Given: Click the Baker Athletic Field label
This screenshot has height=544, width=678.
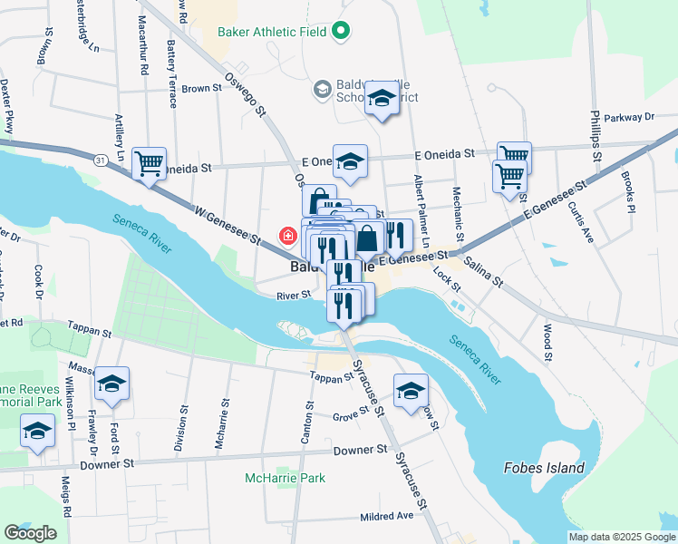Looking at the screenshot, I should tap(271, 32).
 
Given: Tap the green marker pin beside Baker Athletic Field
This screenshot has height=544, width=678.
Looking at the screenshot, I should tap(341, 32).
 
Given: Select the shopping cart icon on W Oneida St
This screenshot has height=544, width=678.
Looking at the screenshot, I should tap(149, 164).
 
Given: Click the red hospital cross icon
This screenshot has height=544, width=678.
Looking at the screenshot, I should tap(288, 237).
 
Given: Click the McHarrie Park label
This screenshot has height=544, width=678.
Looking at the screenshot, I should tap(285, 478).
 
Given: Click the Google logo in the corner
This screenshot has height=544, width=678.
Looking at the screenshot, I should tap(30, 533).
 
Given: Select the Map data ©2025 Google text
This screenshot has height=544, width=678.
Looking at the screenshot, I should tap(622, 537).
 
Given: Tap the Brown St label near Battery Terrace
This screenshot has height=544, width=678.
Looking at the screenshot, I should tap(201, 89).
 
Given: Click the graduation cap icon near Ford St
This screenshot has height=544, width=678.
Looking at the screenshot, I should tap(111, 384).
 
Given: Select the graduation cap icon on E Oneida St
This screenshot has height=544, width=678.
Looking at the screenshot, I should tap(350, 162).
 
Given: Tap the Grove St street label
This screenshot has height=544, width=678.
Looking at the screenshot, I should tap(350, 416).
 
